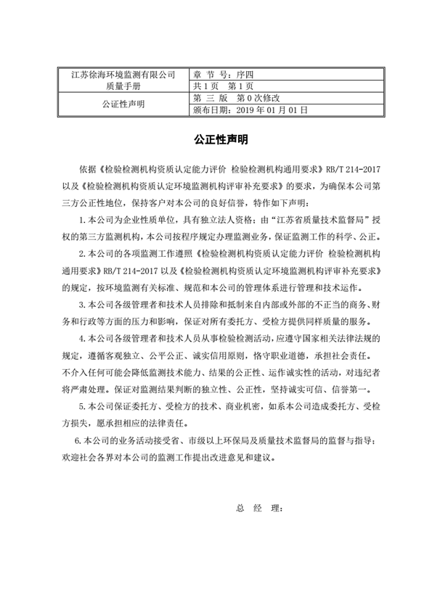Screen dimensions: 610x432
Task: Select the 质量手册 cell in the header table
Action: [x=123, y=86]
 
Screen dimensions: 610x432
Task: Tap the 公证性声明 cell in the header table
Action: [x=123, y=104]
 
